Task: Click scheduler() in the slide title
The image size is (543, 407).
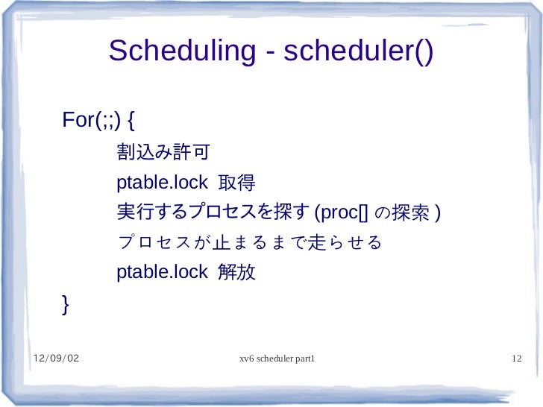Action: tap(358, 52)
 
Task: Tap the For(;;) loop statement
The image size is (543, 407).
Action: tap(88, 120)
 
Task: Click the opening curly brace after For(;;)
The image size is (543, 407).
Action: tap(131, 120)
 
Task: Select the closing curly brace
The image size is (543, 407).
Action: tap(66, 304)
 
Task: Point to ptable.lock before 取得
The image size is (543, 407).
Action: tap(162, 183)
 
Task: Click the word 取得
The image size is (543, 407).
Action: tap(236, 183)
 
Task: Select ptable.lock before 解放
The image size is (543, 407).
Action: tap(162, 273)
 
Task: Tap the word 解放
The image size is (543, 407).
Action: tap(236, 273)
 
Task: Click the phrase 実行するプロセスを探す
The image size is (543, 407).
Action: tap(213, 213)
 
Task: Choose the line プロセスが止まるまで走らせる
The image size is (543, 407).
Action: tap(249, 243)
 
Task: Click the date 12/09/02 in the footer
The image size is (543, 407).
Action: tap(56, 360)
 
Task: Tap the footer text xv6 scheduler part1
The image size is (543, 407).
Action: tap(277, 360)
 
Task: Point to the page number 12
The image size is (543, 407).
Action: tap(515, 360)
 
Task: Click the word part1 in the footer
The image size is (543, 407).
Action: tap(305, 360)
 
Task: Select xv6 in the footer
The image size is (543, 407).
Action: tap(247, 360)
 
